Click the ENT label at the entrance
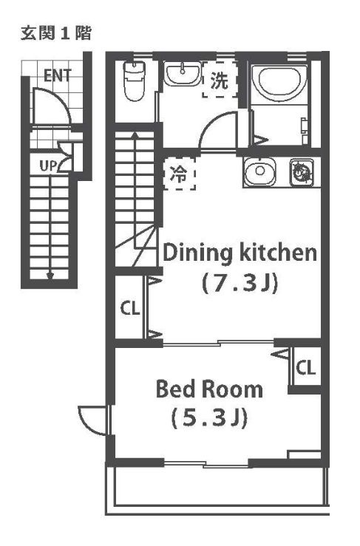58,75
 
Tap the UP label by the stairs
49,165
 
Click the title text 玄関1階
56,33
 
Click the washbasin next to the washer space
183,74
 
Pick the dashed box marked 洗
220,80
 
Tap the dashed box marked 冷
179,174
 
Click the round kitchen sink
259,171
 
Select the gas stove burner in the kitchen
301,171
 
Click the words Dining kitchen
240,253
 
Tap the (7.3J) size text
240,283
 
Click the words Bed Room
209,389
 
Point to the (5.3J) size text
209,418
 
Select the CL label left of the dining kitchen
130,308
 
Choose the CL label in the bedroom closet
305,368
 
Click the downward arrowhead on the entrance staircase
50,276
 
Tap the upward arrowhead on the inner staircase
135,135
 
